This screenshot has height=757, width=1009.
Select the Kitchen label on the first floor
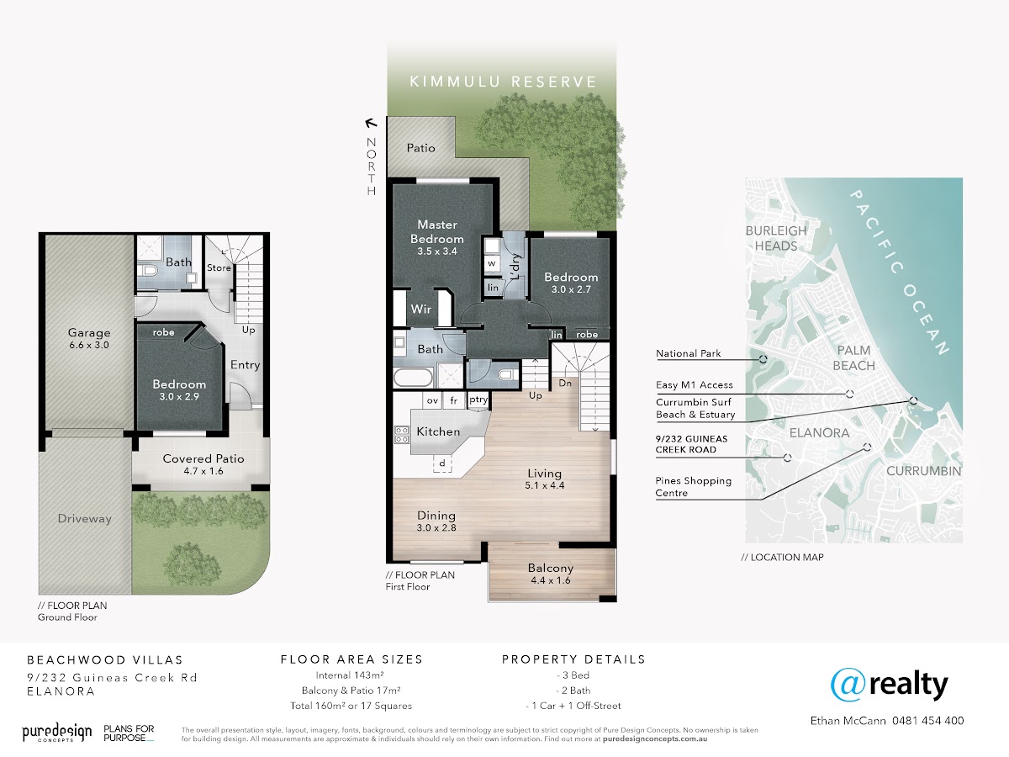(x=438, y=431)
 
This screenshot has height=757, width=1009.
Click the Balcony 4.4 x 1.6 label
(x=551, y=574)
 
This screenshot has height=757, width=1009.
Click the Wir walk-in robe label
(x=421, y=309)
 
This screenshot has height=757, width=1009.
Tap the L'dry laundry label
(x=515, y=267)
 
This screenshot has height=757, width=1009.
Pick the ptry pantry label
(x=478, y=400)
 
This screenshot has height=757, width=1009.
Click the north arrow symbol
(x=371, y=123)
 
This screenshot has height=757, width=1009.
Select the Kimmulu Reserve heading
(x=503, y=82)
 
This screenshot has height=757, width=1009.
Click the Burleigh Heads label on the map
(x=776, y=238)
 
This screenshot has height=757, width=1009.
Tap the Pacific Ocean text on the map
(x=900, y=273)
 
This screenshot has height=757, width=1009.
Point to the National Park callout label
(x=688, y=353)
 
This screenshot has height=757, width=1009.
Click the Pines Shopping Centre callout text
(x=693, y=487)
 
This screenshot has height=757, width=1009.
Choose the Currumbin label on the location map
(x=923, y=471)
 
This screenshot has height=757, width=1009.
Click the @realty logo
(x=889, y=685)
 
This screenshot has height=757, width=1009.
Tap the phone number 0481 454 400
(x=927, y=721)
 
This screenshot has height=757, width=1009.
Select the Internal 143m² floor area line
(x=350, y=675)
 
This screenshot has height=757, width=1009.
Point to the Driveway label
(x=85, y=519)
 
